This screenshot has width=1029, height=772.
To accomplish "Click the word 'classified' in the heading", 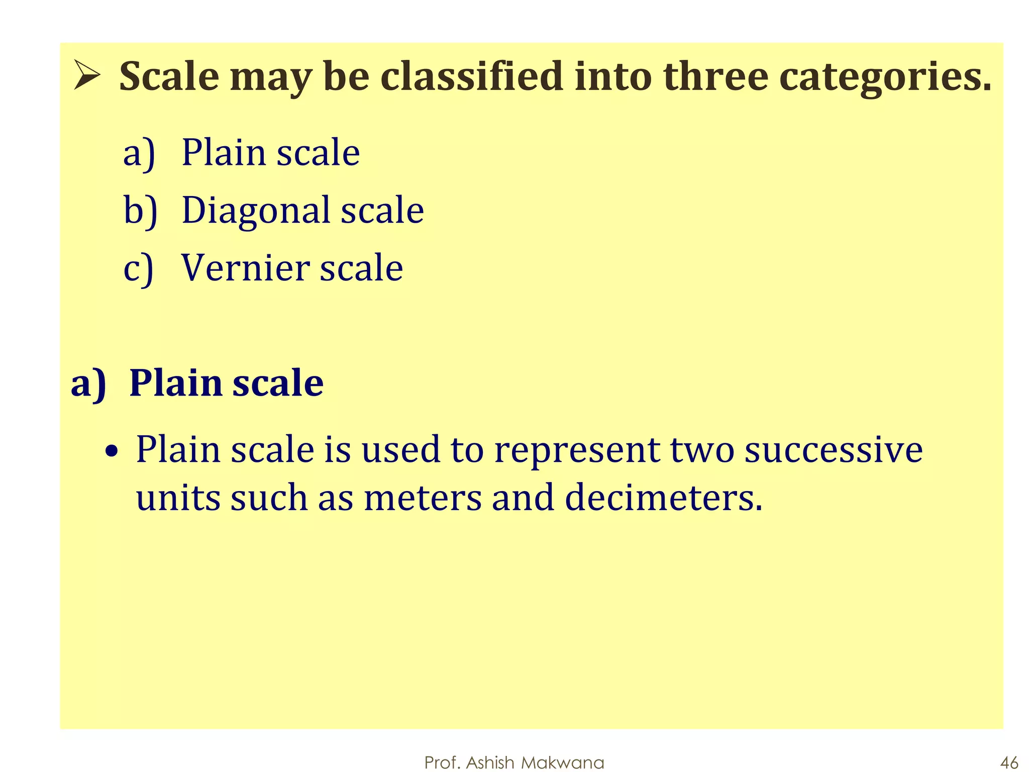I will pos(471,76).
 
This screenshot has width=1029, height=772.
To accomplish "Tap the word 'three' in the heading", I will pos(715,76).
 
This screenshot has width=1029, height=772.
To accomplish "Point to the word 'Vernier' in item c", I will pos(245,267).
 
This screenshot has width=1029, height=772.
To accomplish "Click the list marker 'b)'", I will pos(140,210).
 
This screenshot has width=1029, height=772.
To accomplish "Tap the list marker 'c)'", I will pos(138,268).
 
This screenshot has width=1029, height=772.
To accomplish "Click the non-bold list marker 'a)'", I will pos(139,153).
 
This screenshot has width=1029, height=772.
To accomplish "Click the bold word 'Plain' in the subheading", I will pos(175,383).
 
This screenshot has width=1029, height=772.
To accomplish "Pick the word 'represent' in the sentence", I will pos(577,450).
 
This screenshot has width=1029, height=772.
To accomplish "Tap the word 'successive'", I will pos(833,449).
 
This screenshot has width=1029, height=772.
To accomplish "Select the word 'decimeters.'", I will pos(663,498).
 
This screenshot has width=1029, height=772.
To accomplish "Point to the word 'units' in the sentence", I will pos(178,498).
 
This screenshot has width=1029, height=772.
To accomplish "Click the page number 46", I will pos(1009,762).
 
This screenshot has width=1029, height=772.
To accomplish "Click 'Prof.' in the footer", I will pos(443,762).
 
